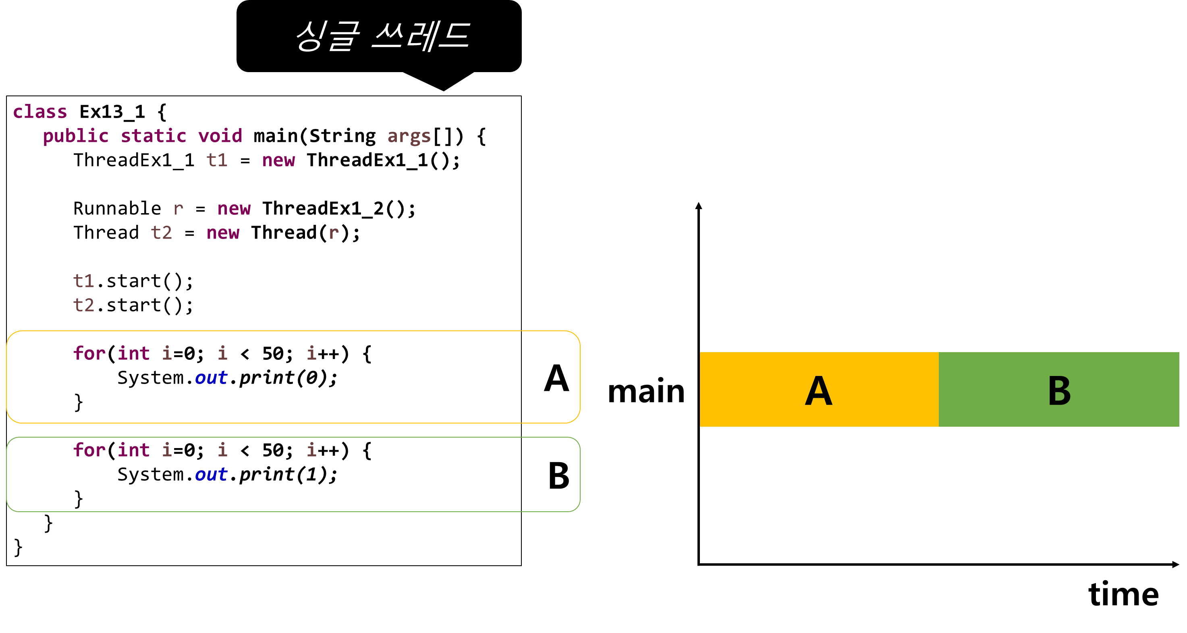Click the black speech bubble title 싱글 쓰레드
pyautogui.click(x=383, y=36)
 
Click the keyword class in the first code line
pyautogui.click(x=40, y=112)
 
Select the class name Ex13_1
pyautogui.click(x=112, y=112)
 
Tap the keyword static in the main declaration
pyautogui.click(x=154, y=136)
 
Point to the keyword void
pyautogui.click(x=220, y=136)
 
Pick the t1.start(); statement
pyautogui.click(x=133, y=281)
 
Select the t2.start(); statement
pyautogui.click(x=133, y=305)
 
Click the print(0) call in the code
pyautogui.click(x=283, y=378)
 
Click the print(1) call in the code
pyautogui.click(x=283, y=475)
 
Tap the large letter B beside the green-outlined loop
pyautogui.click(x=558, y=475)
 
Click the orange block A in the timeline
pyautogui.click(x=819, y=389)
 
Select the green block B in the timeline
pyautogui.click(x=1059, y=389)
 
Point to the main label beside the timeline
pyautogui.click(x=646, y=392)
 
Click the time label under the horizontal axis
pyautogui.click(x=1123, y=594)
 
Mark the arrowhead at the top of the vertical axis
pyautogui.click(x=699, y=205)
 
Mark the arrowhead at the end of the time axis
pyautogui.click(x=1175, y=565)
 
